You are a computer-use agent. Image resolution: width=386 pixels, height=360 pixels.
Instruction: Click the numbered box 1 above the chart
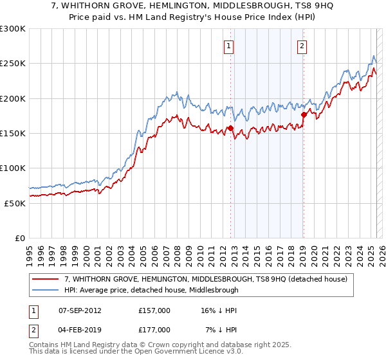[229, 46]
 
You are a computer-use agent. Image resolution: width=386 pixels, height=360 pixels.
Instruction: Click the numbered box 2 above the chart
[302, 46]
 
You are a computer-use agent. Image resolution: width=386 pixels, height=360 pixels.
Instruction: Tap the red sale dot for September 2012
[230, 129]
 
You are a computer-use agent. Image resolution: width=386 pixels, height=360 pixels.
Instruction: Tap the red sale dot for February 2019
[304, 115]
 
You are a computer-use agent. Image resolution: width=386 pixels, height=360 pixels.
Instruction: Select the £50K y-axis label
[15, 203]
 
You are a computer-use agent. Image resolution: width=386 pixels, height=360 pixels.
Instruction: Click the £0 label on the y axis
[19, 238]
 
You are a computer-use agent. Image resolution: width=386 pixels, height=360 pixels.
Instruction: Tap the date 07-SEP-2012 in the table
[80, 310]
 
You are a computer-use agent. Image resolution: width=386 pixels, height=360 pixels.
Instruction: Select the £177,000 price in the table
[154, 330]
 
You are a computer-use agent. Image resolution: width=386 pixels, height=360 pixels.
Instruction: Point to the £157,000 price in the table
[154, 310]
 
